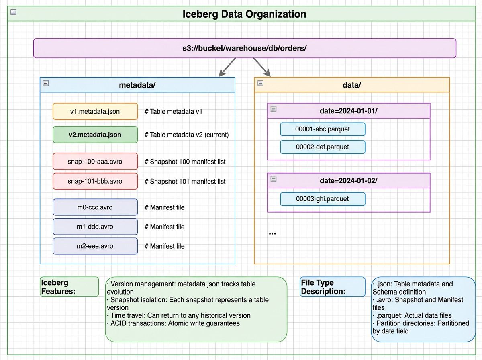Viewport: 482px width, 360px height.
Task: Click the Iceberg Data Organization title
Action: [x=244, y=14]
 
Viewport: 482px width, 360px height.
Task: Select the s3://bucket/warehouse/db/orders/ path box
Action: [x=244, y=48]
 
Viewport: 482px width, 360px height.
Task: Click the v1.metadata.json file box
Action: [x=95, y=111]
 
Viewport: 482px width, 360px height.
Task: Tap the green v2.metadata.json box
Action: [x=95, y=135]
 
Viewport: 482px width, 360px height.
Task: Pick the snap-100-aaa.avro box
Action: [x=95, y=162]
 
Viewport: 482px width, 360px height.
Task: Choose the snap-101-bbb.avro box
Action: [x=95, y=181]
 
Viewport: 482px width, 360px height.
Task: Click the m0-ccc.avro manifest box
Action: [x=95, y=207]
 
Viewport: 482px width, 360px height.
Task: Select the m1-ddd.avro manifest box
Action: [x=95, y=227]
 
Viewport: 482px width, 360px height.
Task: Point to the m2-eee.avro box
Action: [x=95, y=246]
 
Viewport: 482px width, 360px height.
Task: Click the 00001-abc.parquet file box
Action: [x=323, y=129]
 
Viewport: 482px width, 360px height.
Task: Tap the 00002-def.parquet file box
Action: [x=323, y=147]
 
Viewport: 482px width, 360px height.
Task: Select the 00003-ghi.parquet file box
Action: [x=323, y=199]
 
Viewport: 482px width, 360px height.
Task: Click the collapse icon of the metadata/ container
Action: [x=46, y=83]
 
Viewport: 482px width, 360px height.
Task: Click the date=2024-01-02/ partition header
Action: [x=349, y=180]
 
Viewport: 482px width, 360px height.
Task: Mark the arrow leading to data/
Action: [x=262, y=67]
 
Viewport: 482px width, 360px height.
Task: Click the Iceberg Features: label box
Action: [x=69, y=287]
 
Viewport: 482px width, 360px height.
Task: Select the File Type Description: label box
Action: [x=332, y=287]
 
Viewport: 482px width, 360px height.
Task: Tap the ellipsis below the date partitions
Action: [x=272, y=233]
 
